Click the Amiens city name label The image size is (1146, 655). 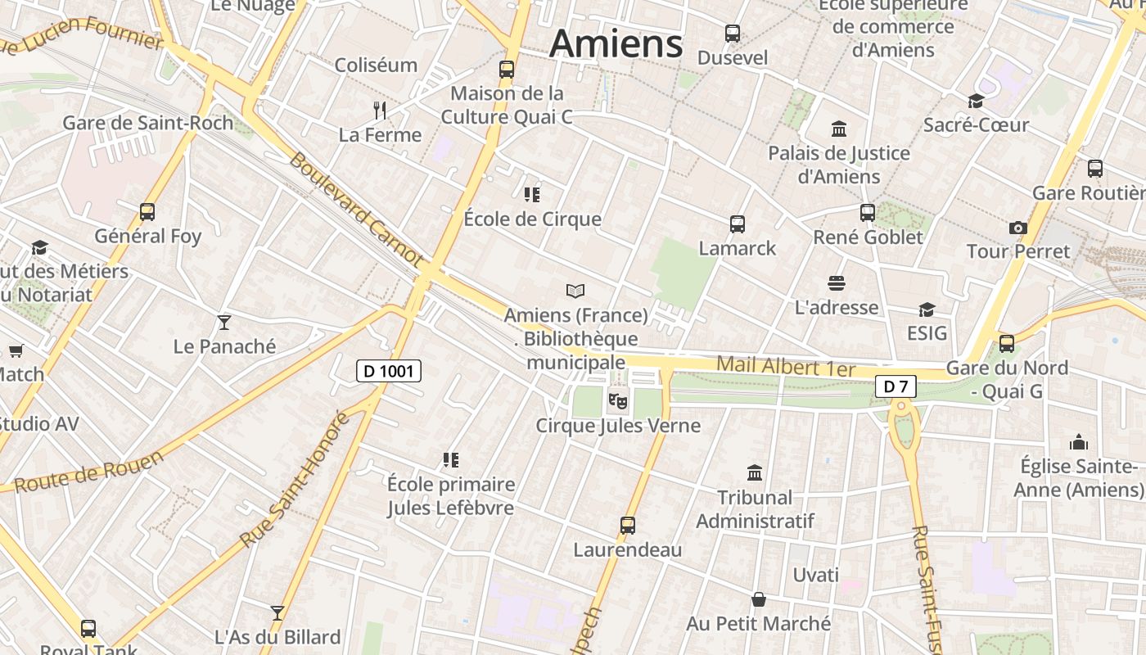pos(616,43)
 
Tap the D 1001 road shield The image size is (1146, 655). pos(389,371)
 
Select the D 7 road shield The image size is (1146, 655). pos(895,386)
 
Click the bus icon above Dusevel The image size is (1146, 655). pos(733,34)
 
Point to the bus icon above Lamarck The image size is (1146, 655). pos(737,224)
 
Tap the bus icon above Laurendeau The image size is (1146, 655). pos(628,526)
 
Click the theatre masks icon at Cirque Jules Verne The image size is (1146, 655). pos(617,401)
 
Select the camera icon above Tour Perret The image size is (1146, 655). pos(1018,228)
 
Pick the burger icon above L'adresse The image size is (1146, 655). pos(836,284)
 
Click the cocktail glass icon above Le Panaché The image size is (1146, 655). pos(224,323)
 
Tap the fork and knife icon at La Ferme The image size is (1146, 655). pos(380,111)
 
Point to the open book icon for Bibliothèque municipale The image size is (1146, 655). pos(575,291)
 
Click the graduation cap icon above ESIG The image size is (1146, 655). pos(927,309)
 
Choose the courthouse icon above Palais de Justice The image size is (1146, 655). pos(839,129)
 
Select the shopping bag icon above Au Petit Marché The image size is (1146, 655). pos(759,599)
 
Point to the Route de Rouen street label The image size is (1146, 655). pos(88,472)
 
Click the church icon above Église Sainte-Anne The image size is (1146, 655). pos(1079,443)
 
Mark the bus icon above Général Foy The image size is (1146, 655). pos(147,212)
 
